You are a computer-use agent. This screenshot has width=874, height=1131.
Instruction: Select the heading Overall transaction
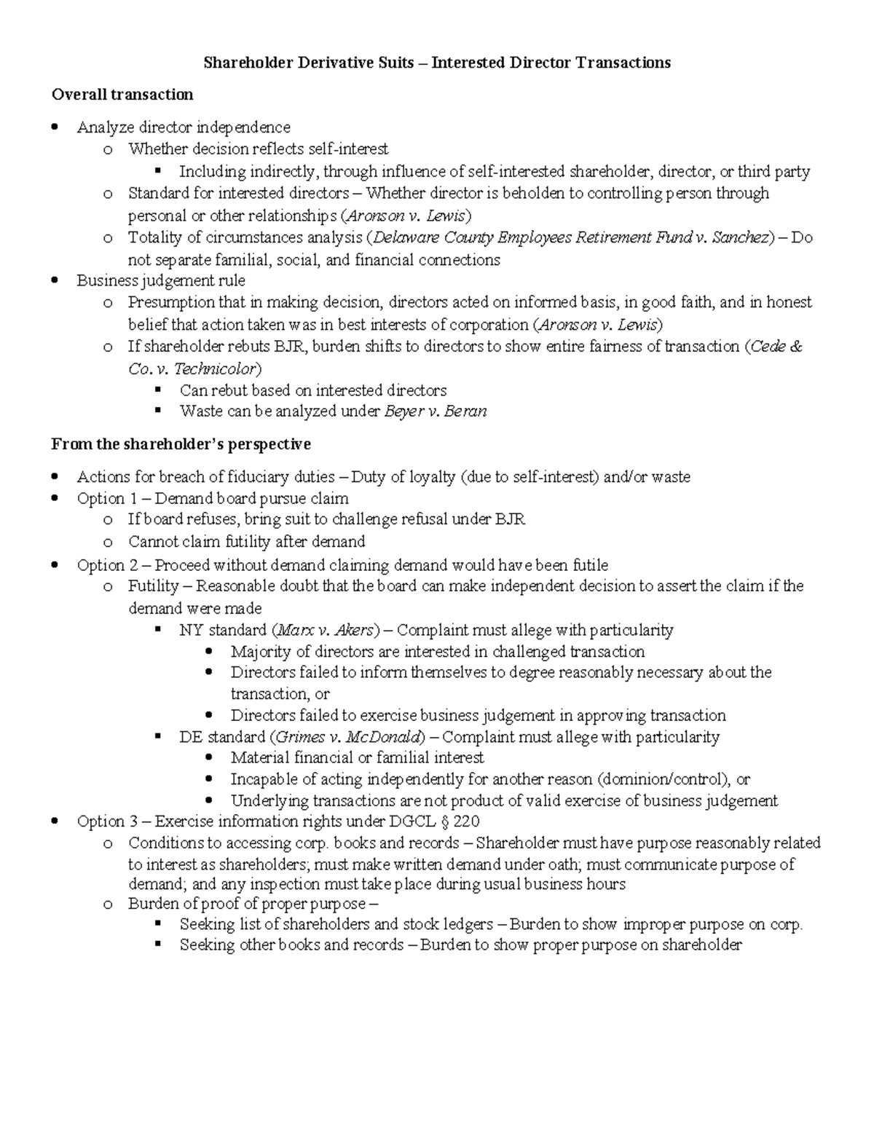(x=122, y=95)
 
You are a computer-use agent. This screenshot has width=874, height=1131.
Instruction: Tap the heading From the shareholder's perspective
(x=181, y=444)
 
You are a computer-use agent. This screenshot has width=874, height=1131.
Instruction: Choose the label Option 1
(x=101, y=499)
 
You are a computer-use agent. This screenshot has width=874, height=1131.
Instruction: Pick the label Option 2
(x=101, y=565)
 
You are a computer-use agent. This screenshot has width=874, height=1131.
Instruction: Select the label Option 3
(x=101, y=821)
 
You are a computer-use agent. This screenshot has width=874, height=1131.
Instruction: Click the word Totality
(x=154, y=237)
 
